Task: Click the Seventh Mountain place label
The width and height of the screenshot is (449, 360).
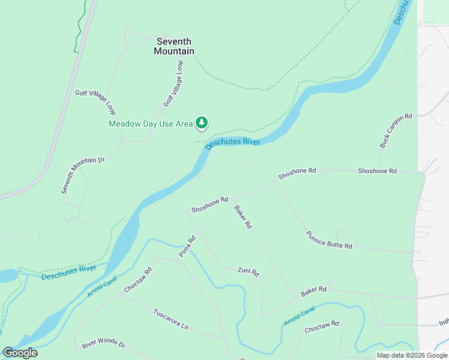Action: [x=174, y=46]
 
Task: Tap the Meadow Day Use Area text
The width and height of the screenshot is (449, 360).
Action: [x=151, y=124]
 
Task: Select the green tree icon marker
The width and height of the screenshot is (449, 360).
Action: [x=202, y=123]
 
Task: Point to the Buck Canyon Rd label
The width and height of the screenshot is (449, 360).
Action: [x=397, y=131]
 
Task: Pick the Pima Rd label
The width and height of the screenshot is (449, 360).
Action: [x=187, y=247]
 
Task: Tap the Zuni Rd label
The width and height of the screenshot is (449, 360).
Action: [x=248, y=271]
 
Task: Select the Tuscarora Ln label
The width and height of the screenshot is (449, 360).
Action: [x=171, y=319]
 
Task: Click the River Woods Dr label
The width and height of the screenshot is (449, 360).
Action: [x=104, y=346]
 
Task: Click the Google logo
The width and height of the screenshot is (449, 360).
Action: [x=20, y=353]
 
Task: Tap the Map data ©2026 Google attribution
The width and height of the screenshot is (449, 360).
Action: [x=412, y=355]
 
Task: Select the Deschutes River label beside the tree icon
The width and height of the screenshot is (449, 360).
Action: [x=232, y=143]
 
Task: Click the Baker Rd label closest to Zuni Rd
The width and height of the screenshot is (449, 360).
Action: [x=243, y=218]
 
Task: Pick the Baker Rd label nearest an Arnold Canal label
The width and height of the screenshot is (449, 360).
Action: [x=313, y=290]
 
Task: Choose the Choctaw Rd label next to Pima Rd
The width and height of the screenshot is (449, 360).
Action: [x=139, y=280]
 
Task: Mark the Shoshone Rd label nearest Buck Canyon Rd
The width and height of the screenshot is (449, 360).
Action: [x=377, y=171]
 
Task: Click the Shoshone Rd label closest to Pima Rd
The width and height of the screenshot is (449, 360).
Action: [x=209, y=205]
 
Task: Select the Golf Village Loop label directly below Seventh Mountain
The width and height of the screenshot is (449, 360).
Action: [x=173, y=83]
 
